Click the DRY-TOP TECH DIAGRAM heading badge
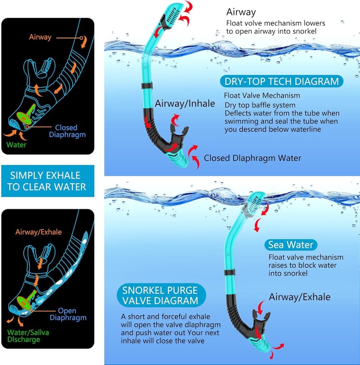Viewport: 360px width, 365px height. click(x=281, y=81)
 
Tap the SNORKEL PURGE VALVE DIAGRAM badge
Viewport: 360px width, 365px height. click(x=161, y=295)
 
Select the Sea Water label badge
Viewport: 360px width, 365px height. click(x=291, y=245)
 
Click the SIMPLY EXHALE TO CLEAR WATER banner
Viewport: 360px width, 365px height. click(x=48, y=181)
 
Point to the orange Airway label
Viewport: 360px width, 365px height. click(x=40, y=37)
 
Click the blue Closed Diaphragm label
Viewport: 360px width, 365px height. click(x=67, y=131)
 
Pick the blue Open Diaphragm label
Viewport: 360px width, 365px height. click(x=68, y=314)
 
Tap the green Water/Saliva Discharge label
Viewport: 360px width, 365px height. click(x=28, y=336)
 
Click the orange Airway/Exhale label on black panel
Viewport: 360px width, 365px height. click(x=38, y=232)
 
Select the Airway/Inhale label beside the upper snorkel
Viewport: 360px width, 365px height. click(x=185, y=104)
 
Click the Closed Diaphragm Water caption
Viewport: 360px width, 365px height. click(x=252, y=158)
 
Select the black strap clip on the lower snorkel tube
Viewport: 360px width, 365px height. click(x=230, y=272)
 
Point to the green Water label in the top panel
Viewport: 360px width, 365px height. click(x=16, y=145)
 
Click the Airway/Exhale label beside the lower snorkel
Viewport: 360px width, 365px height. click(x=300, y=297)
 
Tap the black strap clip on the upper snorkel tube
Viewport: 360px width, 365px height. click(x=147, y=86)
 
